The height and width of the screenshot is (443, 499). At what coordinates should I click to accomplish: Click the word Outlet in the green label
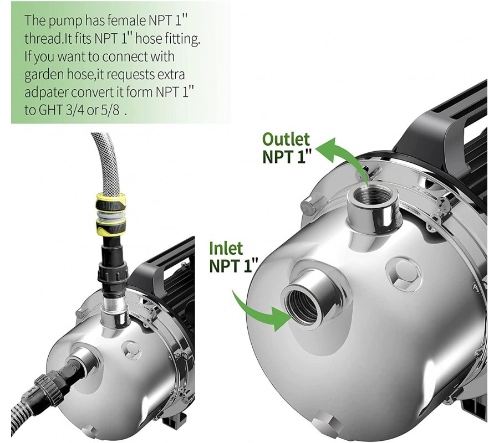pos(286,140)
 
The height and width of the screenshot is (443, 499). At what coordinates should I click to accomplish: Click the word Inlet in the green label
pos(226,248)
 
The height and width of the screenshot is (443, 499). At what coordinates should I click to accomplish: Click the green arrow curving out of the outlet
pos(344,157)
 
